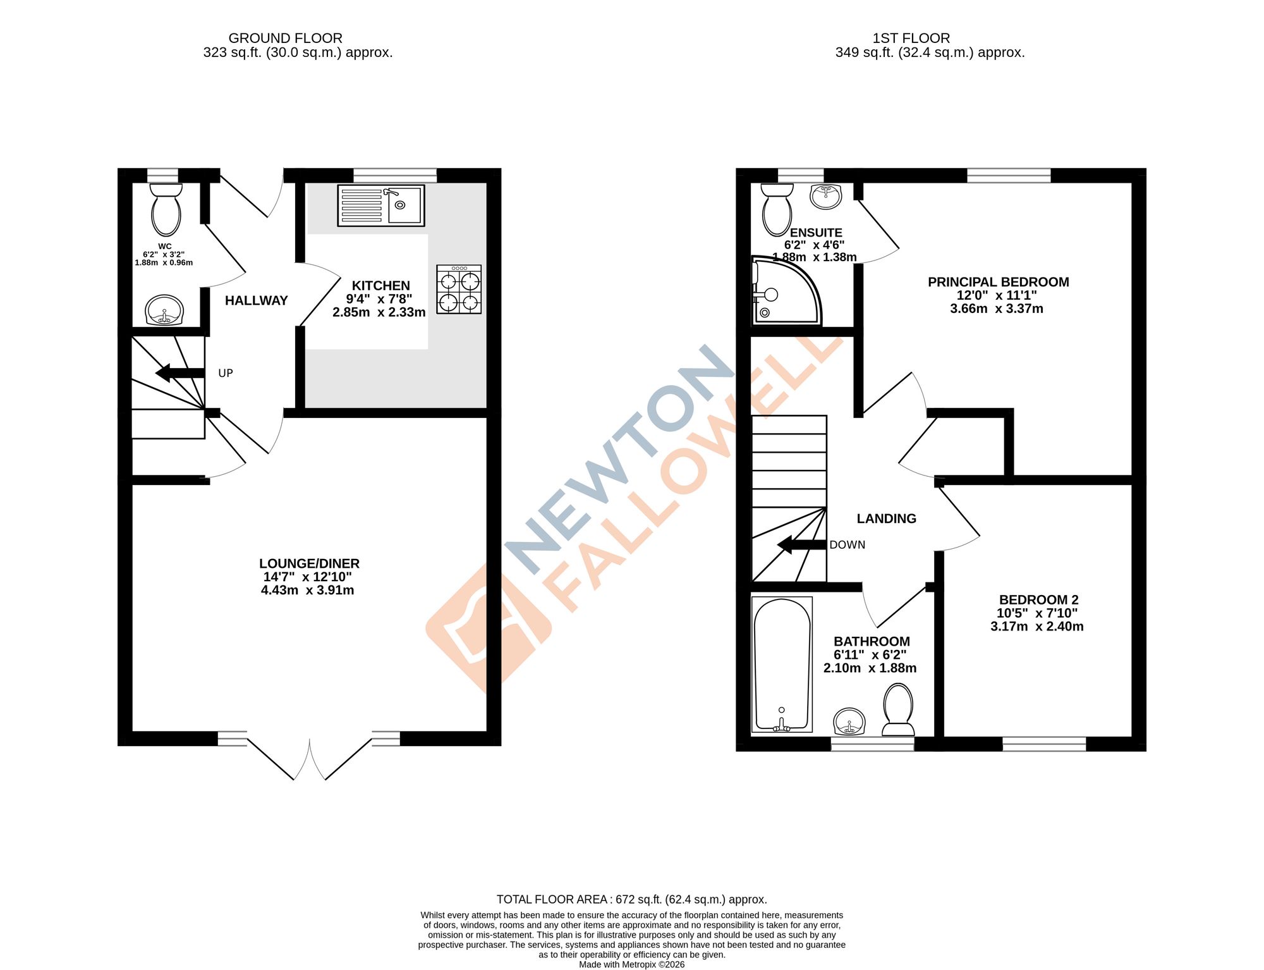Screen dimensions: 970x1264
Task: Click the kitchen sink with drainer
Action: tap(380, 206)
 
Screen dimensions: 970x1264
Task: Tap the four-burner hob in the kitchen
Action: tap(459, 290)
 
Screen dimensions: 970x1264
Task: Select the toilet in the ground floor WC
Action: tap(166, 210)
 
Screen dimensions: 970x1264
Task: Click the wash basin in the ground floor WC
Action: tap(164, 310)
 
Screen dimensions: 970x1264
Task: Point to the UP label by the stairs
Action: tap(226, 373)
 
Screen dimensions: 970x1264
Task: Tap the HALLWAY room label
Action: tap(256, 300)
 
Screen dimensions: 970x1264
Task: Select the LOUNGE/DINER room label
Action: tap(309, 563)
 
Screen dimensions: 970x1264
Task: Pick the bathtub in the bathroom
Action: tap(782, 665)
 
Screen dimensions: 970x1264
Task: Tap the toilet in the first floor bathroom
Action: tap(898, 711)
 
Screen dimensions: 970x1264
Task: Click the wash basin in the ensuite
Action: tap(826, 197)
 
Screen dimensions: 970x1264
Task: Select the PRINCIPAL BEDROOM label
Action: tap(998, 282)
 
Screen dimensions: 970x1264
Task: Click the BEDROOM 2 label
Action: tap(1038, 599)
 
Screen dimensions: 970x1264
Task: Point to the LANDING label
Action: tap(886, 519)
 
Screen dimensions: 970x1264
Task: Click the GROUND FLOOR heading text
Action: tap(285, 38)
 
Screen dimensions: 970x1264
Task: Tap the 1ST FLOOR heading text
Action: tap(911, 38)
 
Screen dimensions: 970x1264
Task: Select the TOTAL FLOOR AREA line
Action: tap(631, 899)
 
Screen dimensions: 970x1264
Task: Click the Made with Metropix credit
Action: tap(631, 964)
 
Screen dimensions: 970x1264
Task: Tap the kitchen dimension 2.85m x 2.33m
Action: tap(379, 312)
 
